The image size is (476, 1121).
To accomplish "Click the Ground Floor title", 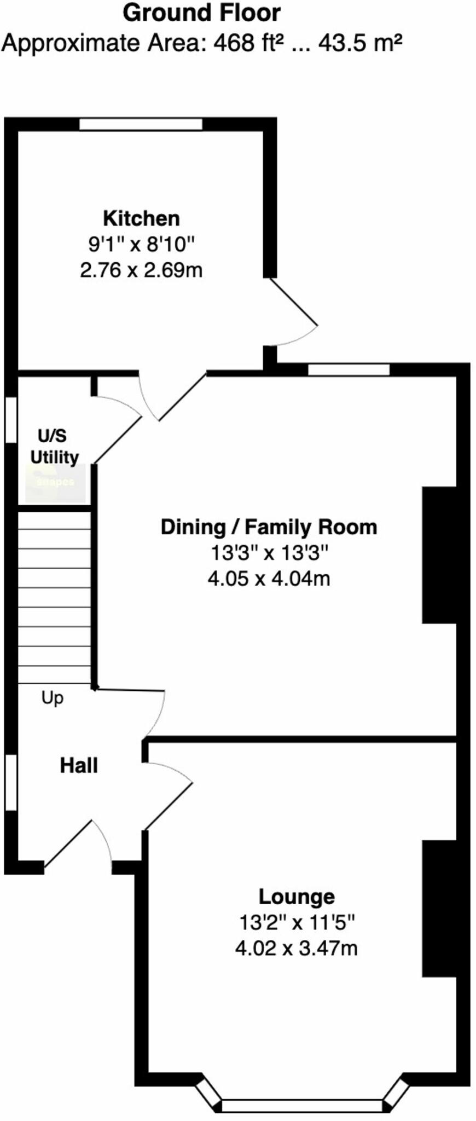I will (201, 13).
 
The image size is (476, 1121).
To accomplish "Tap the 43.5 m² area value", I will (360, 43).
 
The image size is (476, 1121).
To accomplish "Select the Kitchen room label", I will (141, 218).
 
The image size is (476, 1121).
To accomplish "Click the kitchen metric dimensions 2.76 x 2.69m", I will (141, 270).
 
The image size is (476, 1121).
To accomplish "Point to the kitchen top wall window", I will (141, 124).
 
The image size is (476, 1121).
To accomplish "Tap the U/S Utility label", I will (54, 446).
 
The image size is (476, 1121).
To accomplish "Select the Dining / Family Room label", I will (269, 527).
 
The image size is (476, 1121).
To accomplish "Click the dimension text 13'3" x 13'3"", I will (269, 553).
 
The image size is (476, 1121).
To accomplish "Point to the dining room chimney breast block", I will (439, 554).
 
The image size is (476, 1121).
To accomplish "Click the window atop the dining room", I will (349, 369).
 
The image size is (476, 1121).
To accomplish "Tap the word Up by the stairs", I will (53, 698).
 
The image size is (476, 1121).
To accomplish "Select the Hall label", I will (79, 765).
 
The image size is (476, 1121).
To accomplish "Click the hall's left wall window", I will (10, 782).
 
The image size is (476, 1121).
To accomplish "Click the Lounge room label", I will (296, 897).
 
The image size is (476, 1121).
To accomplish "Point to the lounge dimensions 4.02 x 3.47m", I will (296, 948).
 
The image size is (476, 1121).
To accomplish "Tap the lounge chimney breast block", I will (439, 908).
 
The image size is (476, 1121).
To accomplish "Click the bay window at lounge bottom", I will (302, 1105).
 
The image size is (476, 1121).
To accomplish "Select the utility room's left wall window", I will (10, 419).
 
